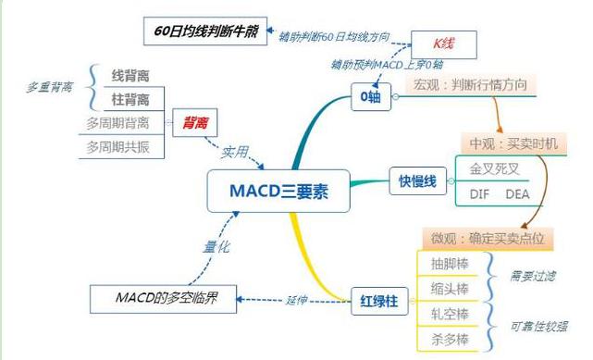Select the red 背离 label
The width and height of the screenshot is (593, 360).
pos(195,121)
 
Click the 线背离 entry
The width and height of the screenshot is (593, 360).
pos(130,74)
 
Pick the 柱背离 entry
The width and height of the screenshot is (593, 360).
pos(130,98)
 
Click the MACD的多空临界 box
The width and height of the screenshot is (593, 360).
pos(162,299)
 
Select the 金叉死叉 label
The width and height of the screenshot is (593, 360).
pos(494,169)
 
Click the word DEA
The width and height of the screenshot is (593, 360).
pos(518,193)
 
